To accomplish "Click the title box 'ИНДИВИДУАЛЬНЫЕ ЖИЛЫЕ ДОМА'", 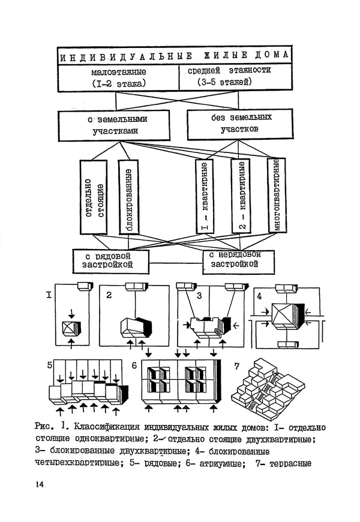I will click(174, 55).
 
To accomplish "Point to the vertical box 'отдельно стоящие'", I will click(93, 196).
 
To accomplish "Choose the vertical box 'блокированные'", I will click(128, 196).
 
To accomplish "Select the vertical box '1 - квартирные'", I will click(204, 196).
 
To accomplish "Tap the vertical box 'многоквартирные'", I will click(277, 196).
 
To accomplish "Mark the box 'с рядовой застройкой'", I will click(110, 260).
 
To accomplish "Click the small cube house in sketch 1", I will click(73, 330).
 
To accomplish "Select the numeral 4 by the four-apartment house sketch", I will click(259, 296).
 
